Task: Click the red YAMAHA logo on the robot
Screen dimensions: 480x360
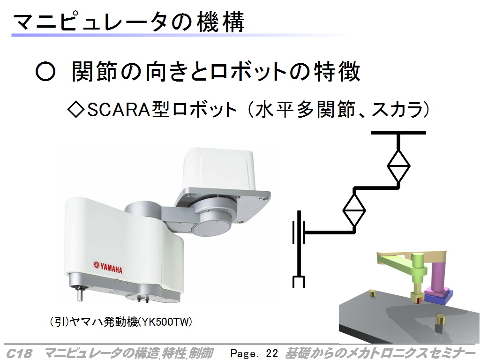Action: tap(108, 267)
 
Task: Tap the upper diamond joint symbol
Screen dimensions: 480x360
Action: tap(398, 166)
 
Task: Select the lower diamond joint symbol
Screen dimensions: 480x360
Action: tap(354, 210)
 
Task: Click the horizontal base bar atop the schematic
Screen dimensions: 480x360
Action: tap(398, 133)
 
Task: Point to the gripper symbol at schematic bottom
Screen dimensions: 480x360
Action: tap(299, 282)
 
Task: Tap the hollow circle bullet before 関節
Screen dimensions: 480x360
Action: tap(45, 72)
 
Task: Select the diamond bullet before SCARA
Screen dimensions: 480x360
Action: tap(75, 110)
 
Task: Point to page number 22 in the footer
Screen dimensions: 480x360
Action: tap(272, 353)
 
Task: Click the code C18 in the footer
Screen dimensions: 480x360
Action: tap(19, 353)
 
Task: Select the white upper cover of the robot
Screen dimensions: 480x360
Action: tap(218, 170)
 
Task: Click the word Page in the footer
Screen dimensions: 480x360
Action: tap(243, 353)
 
